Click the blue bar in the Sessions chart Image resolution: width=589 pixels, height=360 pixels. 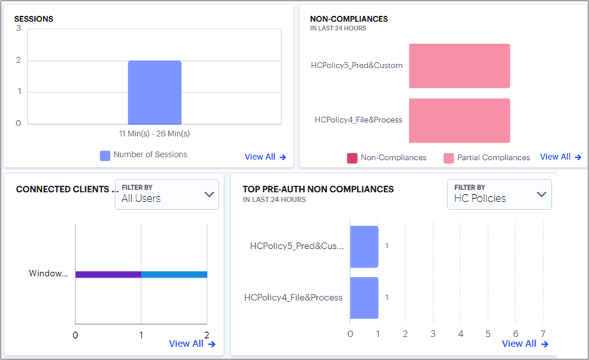click(155, 92)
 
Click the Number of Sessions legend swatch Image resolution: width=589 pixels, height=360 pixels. click(105, 155)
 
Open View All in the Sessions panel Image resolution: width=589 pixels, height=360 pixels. click(265, 157)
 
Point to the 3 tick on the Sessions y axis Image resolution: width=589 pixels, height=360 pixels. click(18, 29)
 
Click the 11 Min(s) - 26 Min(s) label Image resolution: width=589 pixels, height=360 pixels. click(155, 133)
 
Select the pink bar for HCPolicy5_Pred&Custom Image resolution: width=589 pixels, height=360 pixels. click(459, 66)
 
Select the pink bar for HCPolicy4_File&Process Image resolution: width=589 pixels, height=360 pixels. click(459, 120)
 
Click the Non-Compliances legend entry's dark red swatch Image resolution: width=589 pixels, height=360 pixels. click(352, 158)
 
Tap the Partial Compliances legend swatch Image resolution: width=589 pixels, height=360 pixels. click(449, 158)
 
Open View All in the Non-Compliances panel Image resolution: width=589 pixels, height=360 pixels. click(560, 157)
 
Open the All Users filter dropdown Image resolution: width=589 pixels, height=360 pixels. click(167, 194)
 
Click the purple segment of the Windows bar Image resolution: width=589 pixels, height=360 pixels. click(108, 274)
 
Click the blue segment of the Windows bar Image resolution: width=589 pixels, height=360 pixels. click(174, 274)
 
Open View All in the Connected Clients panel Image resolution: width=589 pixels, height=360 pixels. click(192, 344)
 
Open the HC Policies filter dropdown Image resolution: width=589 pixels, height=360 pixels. click(499, 194)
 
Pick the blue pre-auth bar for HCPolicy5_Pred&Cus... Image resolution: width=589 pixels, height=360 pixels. click(364, 246)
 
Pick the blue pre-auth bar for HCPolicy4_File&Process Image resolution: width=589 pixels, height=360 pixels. click(364, 298)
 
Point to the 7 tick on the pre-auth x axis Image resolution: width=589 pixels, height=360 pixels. click(543, 333)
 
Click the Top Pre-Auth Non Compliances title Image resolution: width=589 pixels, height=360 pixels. click(318, 189)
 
